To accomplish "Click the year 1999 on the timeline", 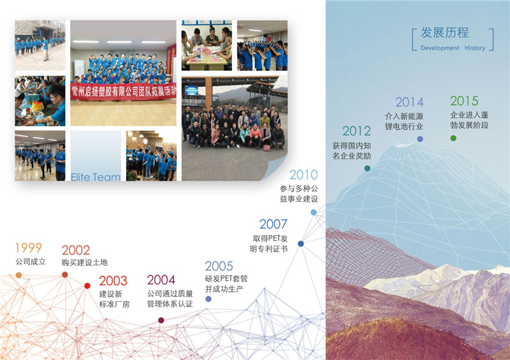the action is pos(29,248).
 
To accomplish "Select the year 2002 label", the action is pos(75,250).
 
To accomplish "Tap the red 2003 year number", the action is pos(113,280).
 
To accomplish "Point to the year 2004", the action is pos(161,280).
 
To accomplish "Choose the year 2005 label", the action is pos(219,266).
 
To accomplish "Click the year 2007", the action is pos(273,224).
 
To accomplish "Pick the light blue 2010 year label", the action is pos(303,175).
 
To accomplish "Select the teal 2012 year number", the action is pos(356,131).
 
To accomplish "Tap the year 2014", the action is pos(409,102).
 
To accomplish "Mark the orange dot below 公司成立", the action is pos(19,275).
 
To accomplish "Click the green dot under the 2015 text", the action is pos(453,138).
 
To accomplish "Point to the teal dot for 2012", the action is pos(367,168).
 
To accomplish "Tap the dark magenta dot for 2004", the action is pos(161,320).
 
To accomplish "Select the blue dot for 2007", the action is pos(301,243).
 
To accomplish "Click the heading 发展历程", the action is pos(444,32).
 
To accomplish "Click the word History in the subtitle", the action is pos(475,48).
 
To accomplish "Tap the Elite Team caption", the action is pos(96,177).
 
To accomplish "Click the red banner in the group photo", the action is pos(123,91).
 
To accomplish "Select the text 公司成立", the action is pos(31,261).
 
